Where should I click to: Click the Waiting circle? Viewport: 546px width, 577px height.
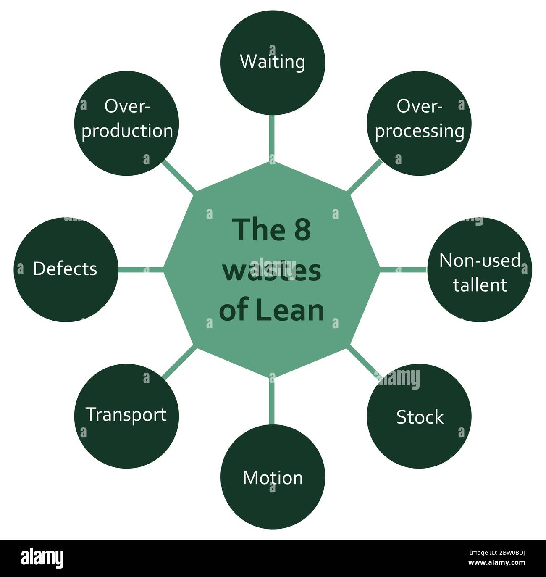coord(273,63)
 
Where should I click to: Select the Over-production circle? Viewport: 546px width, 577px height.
coord(126,123)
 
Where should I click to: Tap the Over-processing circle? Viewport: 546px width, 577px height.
coord(419,123)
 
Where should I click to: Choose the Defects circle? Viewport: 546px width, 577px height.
coord(66,270)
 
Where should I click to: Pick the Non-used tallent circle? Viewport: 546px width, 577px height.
coord(479,270)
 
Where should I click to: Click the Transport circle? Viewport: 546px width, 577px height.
coord(126,416)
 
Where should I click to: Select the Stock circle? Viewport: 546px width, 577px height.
coord(419,416)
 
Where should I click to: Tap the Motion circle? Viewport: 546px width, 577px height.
coord(273,477)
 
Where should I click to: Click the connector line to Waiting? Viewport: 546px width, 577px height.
coord(272,138)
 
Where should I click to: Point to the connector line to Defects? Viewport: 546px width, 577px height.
coord(141,270)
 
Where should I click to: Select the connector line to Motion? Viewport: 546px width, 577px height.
coord(272,401)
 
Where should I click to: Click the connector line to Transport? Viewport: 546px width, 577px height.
coord(179,363)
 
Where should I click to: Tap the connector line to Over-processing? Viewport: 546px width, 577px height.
coord(365,176)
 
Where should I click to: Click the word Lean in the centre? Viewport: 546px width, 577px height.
coord(290,310)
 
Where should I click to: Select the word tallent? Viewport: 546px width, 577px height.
coord(480,285)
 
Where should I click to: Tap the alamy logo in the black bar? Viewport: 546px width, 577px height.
coord(42,557)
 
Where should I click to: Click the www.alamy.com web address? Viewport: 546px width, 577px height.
coord(496,563)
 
